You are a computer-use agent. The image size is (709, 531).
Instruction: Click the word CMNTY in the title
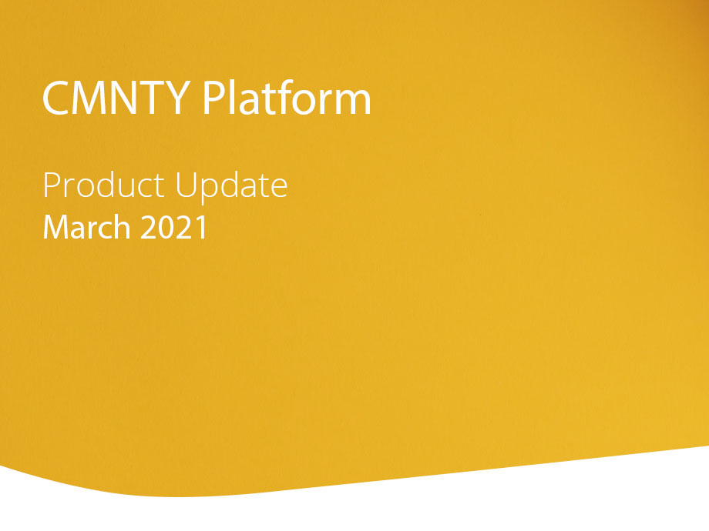[x=116, y=98]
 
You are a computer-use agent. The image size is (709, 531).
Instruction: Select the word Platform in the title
[x=287, y=97]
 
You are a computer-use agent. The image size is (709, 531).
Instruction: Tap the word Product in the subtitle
[x=103, y=185]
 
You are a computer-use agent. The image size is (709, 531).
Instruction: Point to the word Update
[x=231, y=187]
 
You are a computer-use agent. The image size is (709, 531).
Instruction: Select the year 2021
[x=174, y=227]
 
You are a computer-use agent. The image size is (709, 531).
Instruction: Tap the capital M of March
[x=54, y=227]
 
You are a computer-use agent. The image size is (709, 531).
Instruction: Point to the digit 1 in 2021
[x=201, y=227]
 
